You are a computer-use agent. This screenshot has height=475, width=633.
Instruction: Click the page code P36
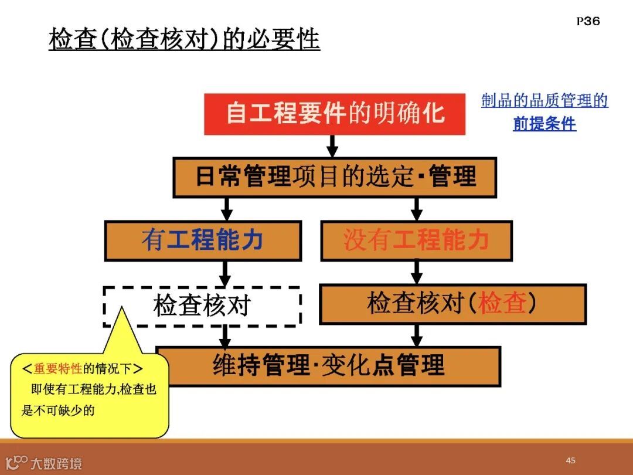pyautogui.click(x=588, y=22)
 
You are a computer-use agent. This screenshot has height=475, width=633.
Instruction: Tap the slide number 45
pyautogui.click(x=570, y=460)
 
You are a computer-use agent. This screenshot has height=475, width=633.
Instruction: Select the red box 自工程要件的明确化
pyautogui.click(x=334, y=113)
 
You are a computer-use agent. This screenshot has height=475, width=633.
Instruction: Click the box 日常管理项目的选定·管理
pyautogui.click(x=334, y=177)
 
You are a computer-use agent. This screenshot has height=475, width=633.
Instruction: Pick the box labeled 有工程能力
pyautogui.click(x=202, y=240)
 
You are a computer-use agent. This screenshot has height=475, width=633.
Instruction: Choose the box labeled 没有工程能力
pyautogui.click(x=416, y=240)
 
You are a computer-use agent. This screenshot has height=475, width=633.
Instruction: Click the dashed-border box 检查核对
pyautogui.click(x=202, y=306)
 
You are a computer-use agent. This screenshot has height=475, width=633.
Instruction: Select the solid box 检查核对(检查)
pyautogui.click(x=452, y=304)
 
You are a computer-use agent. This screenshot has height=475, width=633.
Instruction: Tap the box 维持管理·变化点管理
pyautogui.click(x=328, y=366)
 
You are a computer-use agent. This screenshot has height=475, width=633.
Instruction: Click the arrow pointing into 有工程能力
pyautogui.click(x=227, y=209)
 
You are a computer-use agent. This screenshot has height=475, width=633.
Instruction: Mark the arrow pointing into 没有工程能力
pyautogui.click(x=416, y=209)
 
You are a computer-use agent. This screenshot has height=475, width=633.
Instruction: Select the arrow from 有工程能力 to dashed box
pyautogui.click(x=224, y=273)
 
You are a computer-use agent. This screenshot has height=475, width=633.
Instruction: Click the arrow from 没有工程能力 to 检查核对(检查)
pyautogui.click(x=416, y=272)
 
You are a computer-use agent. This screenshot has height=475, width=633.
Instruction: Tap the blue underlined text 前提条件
pyautogui.click(x=544, y=124)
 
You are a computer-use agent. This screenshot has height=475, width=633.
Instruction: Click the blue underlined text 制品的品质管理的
pyautogui.click(x=544, y=101)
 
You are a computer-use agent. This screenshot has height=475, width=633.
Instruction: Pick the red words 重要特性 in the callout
pyautogui.click(x=58, y=369)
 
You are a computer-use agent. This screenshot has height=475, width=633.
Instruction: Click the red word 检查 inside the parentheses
pyautogui.click(x=502, y=304)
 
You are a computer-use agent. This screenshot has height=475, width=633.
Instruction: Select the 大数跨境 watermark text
pyautogui.click(x=56, y=464)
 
